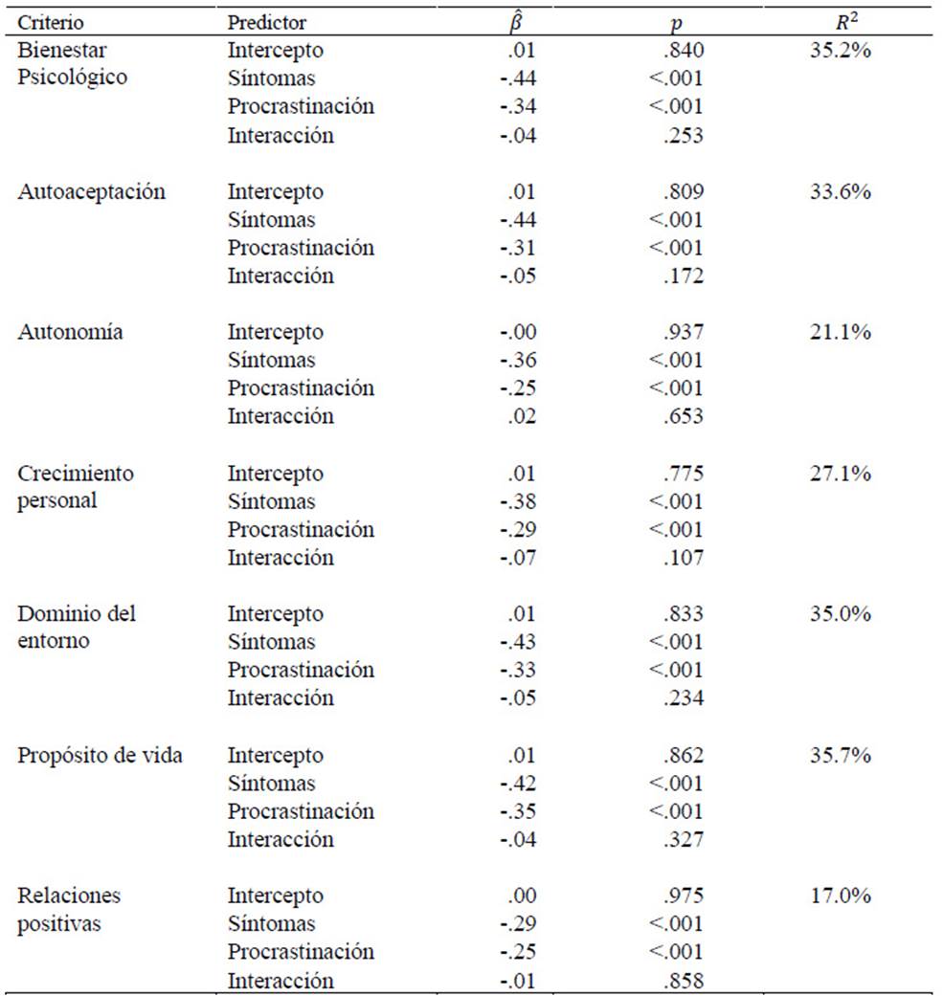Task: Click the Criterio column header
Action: coord(50,23)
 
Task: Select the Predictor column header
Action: coord(267,23)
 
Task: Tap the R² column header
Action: coord(846,23)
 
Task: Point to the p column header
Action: coord(676,24)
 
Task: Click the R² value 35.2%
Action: coord(840,50)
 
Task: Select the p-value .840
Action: coord(684,50)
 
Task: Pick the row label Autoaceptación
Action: coord(92,191)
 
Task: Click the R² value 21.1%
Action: coord(840,332)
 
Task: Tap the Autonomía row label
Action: coord(70,332)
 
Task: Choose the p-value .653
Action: coord(684,416)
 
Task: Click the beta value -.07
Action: coord(518,558)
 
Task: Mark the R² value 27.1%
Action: coord(840,474)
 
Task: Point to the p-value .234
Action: coord(684,698)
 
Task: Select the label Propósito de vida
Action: coord(100,755)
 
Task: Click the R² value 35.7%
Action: coord(840,755)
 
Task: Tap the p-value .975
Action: coord(684,896)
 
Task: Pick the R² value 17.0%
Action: coord(840,896)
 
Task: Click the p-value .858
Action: coord(684,980)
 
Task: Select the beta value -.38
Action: coord(518,501)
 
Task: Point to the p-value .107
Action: coord(684,558)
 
